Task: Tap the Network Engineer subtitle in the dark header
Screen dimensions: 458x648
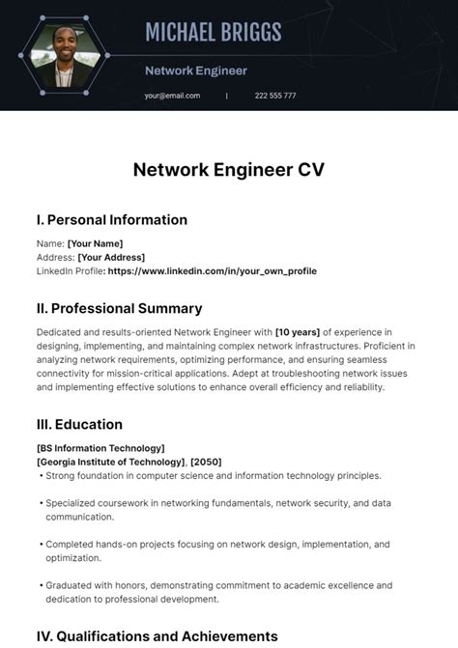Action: tap(196, 70)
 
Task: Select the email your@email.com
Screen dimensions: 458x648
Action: tap(172, 96)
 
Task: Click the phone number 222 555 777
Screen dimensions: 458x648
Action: tap(275, 96)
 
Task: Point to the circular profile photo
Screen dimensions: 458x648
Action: tap(65, 56)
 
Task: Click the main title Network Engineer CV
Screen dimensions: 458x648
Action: tap(228, 170)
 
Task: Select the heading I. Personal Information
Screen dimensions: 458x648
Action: tap(111, 220)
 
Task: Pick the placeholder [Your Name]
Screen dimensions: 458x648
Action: tap(95, 243)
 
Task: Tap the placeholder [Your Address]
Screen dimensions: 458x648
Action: tap(111, 257)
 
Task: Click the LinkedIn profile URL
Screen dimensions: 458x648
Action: tap(213, 271)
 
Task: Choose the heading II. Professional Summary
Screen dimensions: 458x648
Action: tap(119, 309)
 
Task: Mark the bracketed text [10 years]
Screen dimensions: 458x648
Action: tap(298, 332)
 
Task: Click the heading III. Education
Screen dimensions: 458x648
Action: tap(79, 424)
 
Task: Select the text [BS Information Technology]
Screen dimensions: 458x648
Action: tap(100, 448)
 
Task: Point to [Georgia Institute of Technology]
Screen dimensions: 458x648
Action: tap(111, 462)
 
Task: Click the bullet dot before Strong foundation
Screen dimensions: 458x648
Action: tap(41, 476)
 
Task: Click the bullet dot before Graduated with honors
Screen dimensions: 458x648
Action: tap(41, 586)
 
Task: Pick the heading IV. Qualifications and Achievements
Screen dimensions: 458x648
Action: tap(157, 636)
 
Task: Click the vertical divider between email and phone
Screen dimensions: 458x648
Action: tap(227, 96)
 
